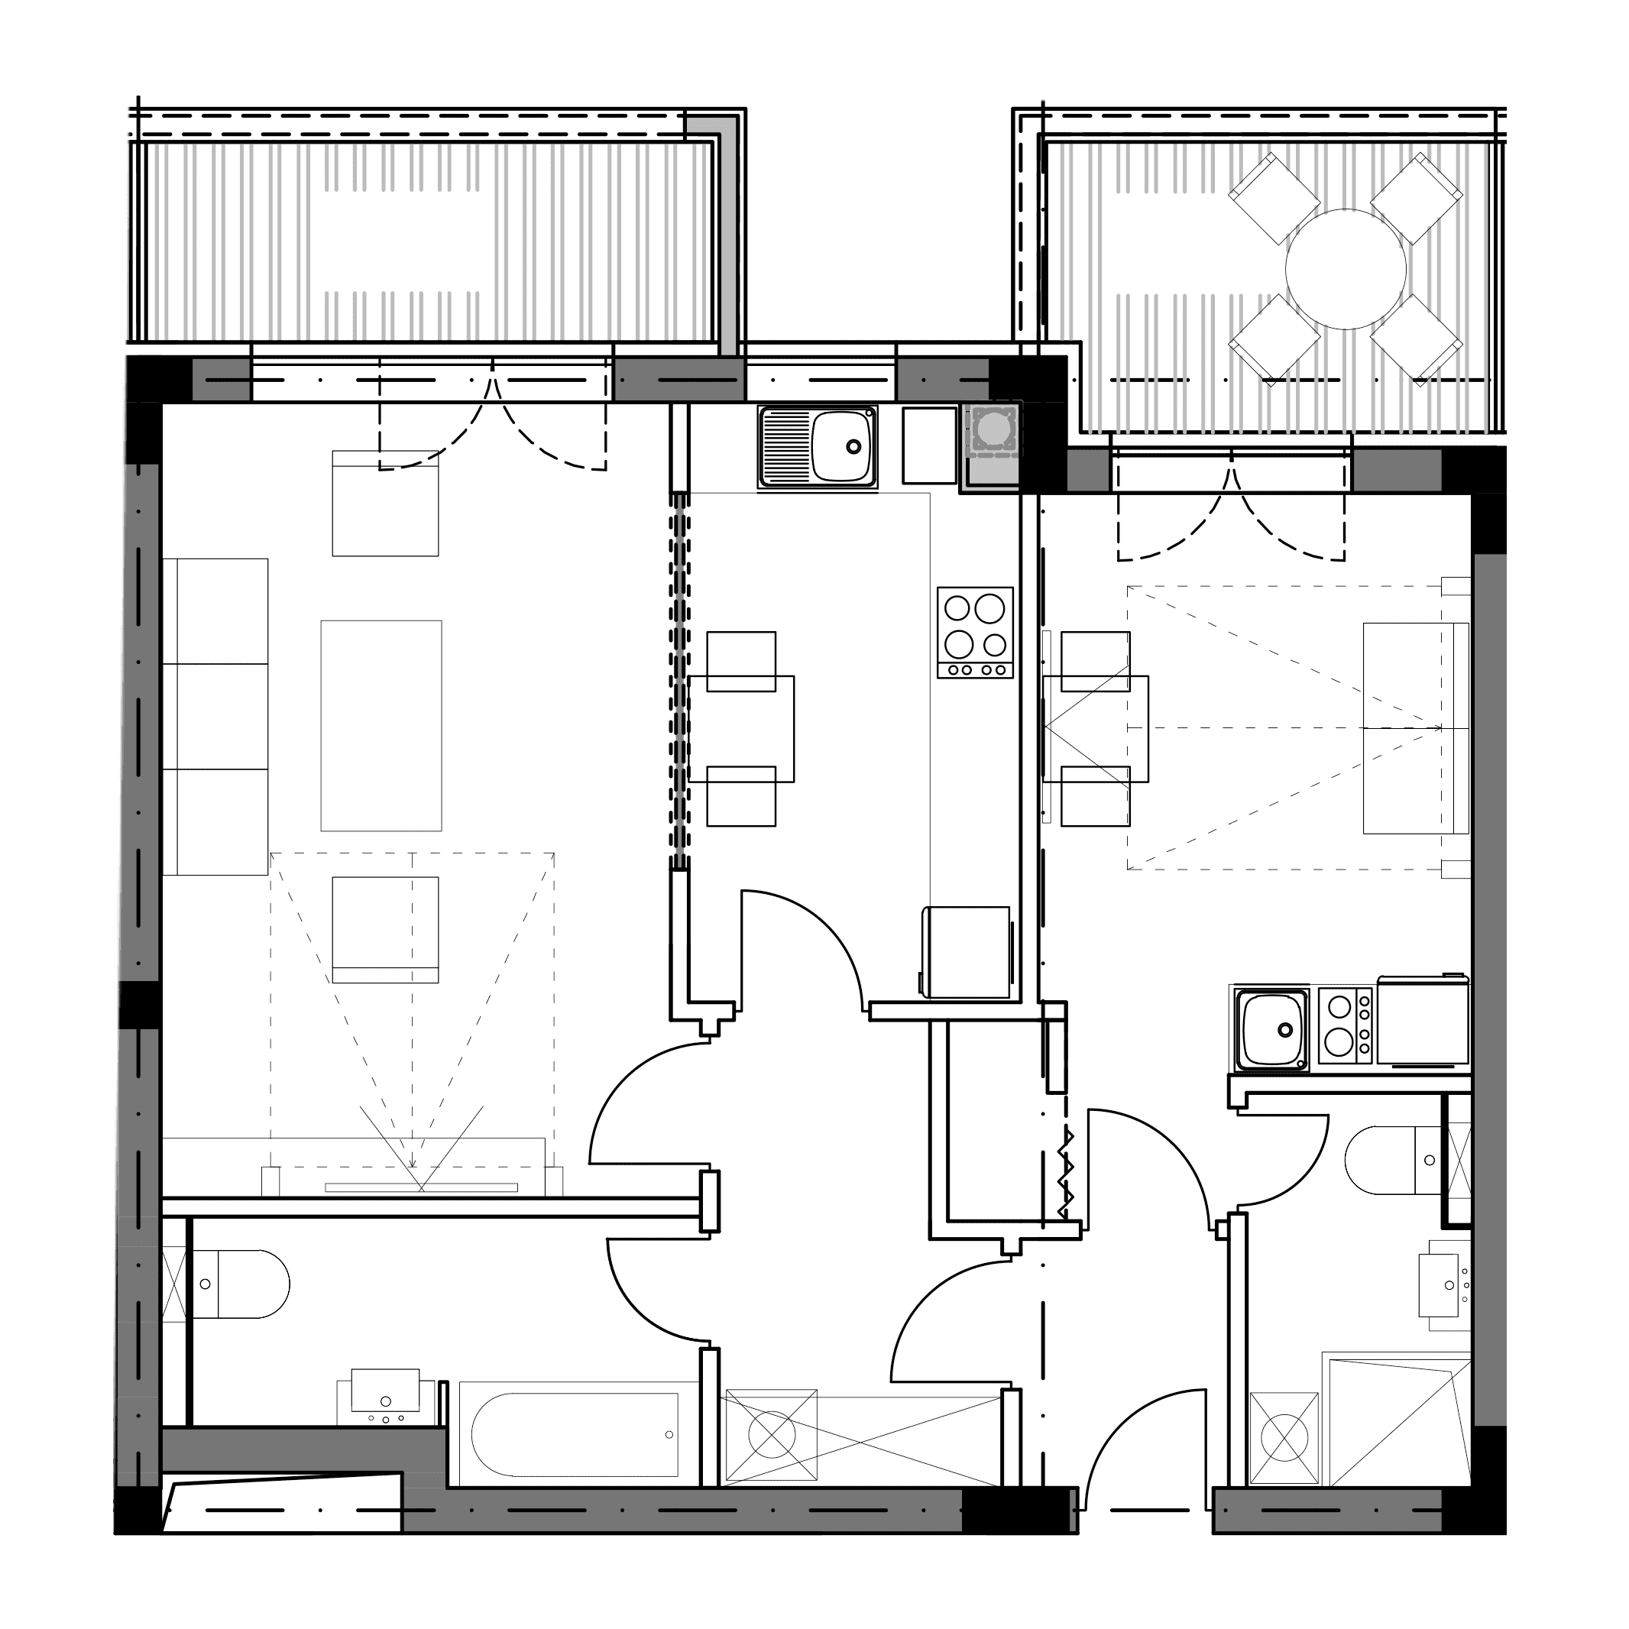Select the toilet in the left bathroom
click(245, 1285)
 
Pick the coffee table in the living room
click(381, 726)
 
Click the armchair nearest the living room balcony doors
click(385, 504)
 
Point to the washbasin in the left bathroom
click(386, 1402)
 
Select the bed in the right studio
click(1417, 728)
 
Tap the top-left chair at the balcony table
click(1274, 199)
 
